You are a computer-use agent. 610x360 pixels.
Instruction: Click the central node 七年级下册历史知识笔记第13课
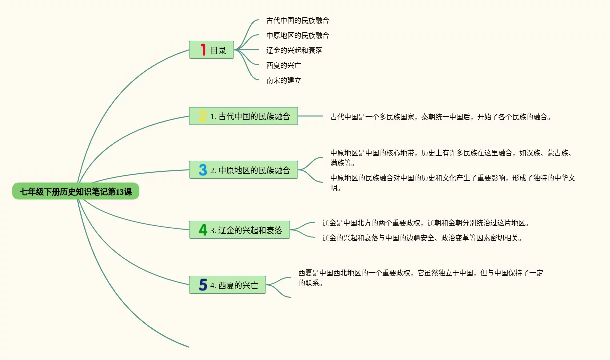76,192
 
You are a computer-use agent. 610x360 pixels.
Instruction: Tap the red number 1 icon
203,50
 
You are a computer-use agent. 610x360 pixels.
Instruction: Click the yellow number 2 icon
203,116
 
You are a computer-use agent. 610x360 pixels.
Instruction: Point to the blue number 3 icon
203,170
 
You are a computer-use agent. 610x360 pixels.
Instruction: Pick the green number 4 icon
203,230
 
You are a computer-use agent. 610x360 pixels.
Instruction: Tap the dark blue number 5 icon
203,285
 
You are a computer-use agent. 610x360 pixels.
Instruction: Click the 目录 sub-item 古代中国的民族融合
298,21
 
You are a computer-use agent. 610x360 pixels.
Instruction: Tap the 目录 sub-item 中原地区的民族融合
298,36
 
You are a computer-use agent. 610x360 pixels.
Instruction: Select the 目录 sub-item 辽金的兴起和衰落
294,50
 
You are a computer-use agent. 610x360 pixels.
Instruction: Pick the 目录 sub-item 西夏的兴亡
284,65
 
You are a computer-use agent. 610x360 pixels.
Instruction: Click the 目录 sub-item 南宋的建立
284,80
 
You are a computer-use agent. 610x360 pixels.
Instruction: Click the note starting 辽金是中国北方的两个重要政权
425,223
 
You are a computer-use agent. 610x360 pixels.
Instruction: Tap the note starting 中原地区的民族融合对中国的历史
453,183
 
